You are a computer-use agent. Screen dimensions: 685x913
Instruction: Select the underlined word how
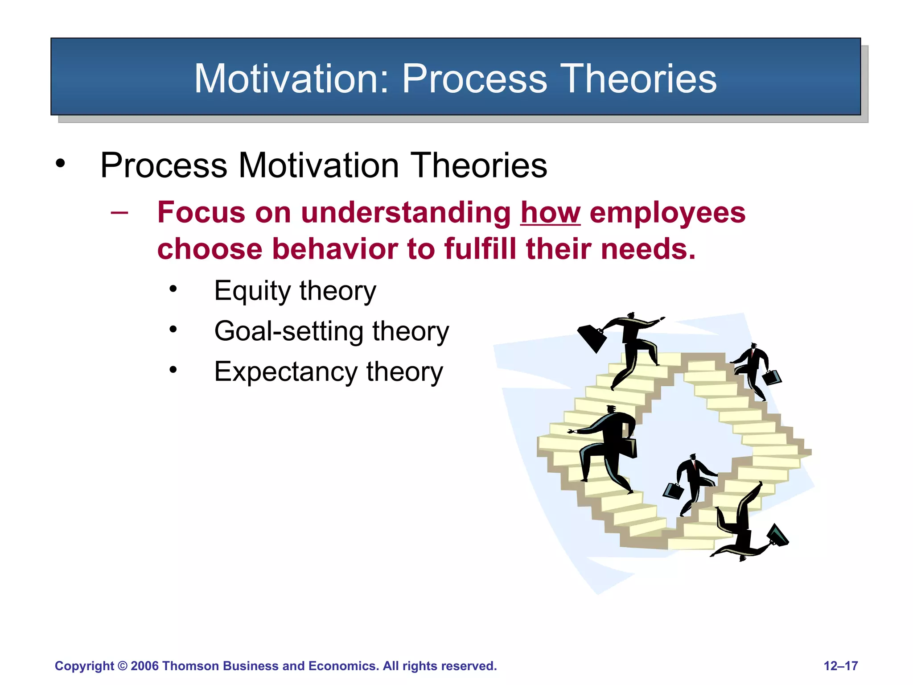coord(550,212)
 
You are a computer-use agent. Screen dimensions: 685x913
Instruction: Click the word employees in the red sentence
coord(667,213)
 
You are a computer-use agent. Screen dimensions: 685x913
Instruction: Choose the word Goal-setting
coord(289,332)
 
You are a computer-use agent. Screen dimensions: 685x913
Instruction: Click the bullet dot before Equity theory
coord(173,289)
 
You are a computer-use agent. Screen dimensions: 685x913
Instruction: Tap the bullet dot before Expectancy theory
coord(173,370)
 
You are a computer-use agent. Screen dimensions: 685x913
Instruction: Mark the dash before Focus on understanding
coord(119,212)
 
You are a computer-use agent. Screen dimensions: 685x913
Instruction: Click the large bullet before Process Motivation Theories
coord(60,163)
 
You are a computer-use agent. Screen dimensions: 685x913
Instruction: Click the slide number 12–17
coord(840,666)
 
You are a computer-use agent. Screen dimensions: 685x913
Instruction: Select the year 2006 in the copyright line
coord(144,666)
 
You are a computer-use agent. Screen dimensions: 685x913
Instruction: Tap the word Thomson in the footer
coord(191,666)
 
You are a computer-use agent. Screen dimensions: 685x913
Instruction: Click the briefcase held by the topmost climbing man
coord(592,338)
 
